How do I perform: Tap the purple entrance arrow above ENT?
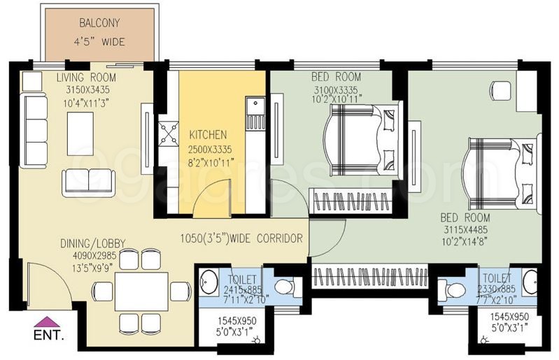[x=47, y=322]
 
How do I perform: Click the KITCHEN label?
[x=208, y=134]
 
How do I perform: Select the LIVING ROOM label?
[x=86, y=77]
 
